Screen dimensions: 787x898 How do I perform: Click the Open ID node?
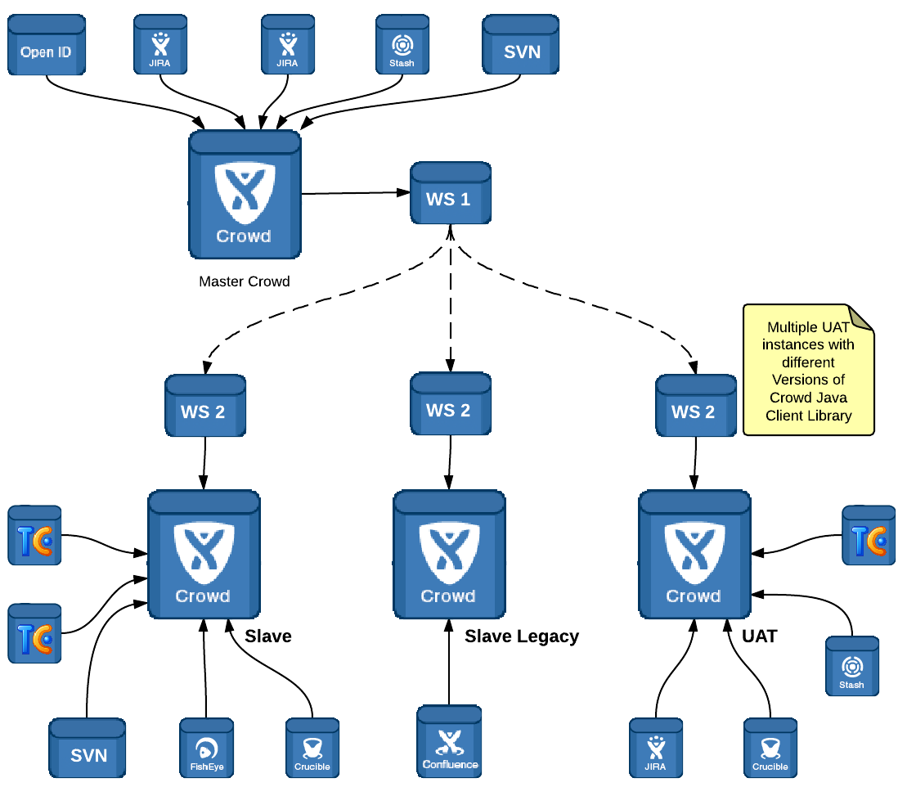(x=47, y=47)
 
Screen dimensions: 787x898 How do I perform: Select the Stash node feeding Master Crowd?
(x=402, y=47)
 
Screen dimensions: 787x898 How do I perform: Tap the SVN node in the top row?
(x=521, y=47)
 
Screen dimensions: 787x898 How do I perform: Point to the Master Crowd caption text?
(x=245, y=281)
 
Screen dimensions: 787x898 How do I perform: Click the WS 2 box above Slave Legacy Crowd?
(x=450, y=406)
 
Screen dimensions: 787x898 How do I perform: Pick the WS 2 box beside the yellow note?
(x=695, y=406)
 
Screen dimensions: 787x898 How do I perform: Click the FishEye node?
(x=206, y=748)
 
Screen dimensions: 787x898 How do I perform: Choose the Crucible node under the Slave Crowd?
(x=312, y=748)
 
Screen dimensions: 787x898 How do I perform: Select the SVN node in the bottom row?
(x=88, y=748)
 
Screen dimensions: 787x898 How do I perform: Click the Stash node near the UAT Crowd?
(x=851, y=666)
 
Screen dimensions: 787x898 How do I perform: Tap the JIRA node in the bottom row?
(x=656, y=748)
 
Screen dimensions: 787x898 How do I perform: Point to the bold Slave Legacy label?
(x=522, y=636)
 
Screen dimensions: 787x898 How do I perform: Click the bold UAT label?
(x=760, y=636)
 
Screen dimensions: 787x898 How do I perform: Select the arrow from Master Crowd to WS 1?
(x=356, y=193)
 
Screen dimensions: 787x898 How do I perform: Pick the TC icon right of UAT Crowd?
(x=869, y=536)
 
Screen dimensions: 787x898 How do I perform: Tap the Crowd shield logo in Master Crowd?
(x=244, y=194)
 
